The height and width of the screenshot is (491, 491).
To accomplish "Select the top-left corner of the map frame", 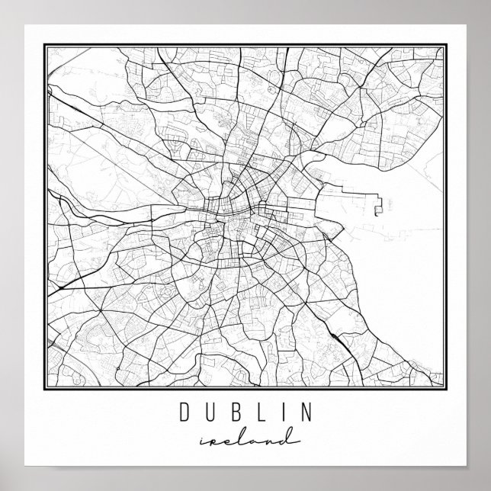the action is [45, 43].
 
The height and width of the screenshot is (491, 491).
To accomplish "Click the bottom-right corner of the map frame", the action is [446, 391].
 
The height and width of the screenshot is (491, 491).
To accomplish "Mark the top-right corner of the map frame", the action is [446, 43].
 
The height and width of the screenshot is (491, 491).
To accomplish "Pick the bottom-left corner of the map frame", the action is [45, 391].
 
